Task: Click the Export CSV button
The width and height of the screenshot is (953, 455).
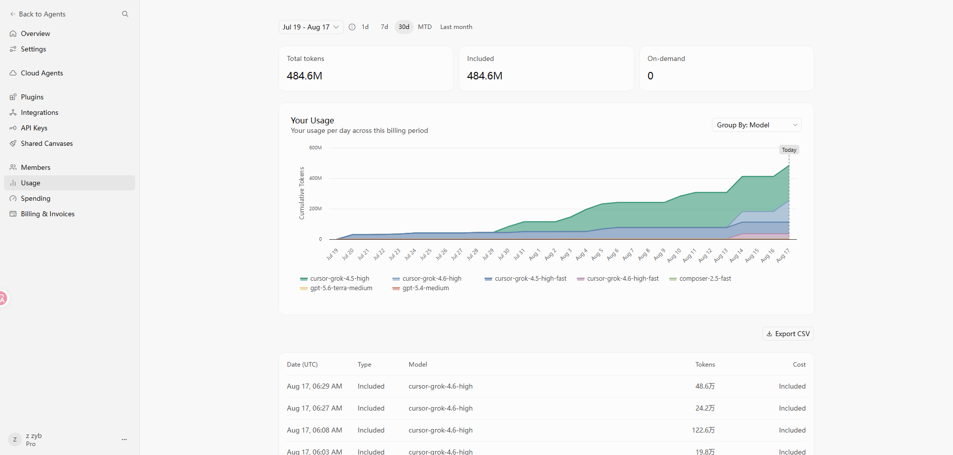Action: pos(788,334)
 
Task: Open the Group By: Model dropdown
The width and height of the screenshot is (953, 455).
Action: pos(756,125)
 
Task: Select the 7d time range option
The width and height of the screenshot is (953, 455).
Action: pos(384,27)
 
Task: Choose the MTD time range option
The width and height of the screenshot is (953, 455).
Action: pos(425,27)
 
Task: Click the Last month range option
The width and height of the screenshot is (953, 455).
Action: pos(456,27)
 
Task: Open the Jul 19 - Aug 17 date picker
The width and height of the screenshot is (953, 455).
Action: pos(311,27)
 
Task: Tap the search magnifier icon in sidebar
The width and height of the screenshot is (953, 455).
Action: pos(125,14)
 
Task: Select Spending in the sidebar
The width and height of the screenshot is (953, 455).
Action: pos(35,198)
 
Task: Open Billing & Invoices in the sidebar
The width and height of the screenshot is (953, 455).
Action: pos(47,214)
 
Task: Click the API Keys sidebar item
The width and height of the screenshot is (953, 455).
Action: pos(34,128)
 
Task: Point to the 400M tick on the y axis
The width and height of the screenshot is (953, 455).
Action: pos(315,178)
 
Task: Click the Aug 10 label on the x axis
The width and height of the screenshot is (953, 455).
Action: pos(675,255)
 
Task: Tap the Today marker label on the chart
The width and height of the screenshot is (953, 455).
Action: pos(789,150)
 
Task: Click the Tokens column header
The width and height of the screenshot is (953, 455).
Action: pos(705,365)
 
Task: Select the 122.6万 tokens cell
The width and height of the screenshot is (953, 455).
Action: pos(703,430)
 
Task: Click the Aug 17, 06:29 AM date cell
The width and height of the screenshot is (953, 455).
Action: pos(314,386)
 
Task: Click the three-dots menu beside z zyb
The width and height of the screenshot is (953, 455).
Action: pos(124,440)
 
